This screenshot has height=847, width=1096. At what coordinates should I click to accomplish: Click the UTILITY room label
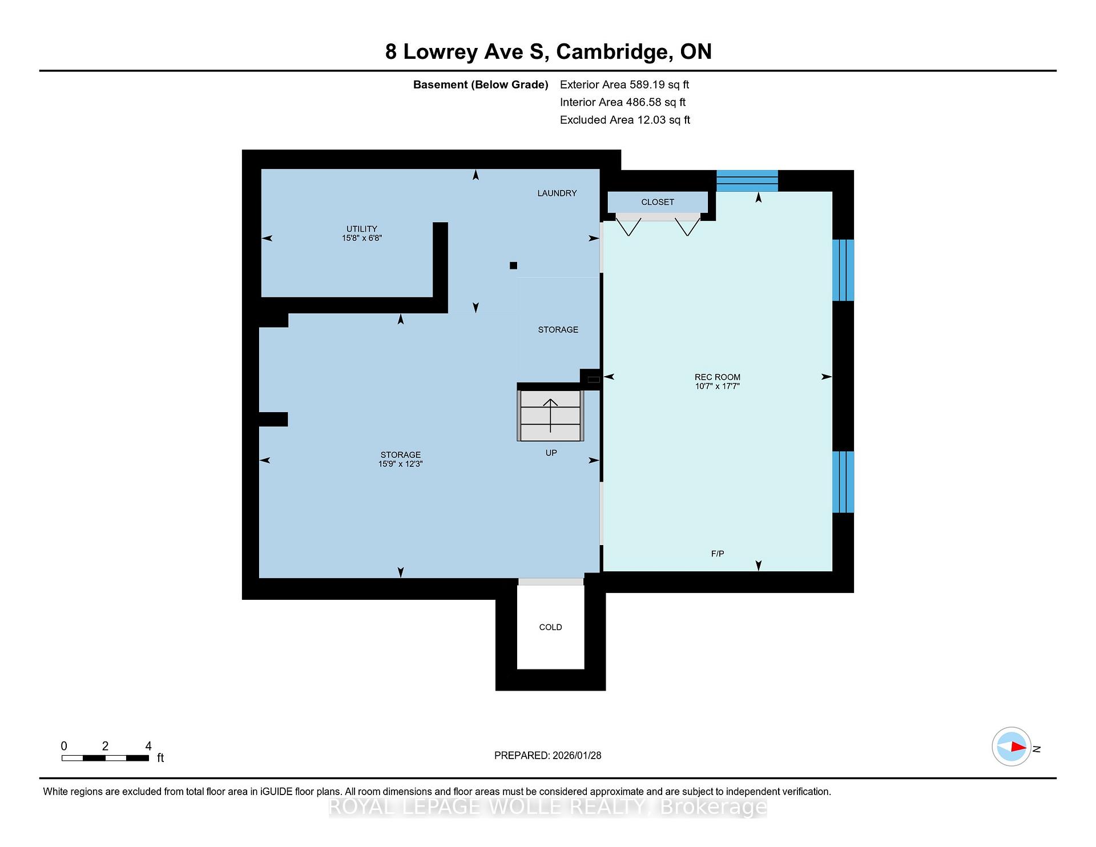362,229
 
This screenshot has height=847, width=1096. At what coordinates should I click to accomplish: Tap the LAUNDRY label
557,193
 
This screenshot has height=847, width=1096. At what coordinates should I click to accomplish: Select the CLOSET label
658,202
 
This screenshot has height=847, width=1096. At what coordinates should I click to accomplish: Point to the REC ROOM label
718,377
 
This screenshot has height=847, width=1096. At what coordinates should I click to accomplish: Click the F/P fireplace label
718,554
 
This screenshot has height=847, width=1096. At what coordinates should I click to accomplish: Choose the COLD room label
551,627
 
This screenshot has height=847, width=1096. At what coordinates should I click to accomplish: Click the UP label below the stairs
551,453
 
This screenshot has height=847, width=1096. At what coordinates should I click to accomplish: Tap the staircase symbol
551,416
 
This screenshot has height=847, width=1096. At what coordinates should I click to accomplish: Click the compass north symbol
1012,747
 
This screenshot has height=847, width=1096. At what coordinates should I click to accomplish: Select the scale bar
106,758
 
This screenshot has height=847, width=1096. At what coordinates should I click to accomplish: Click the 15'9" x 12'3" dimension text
400,464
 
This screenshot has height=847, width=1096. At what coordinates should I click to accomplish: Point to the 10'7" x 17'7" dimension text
718,386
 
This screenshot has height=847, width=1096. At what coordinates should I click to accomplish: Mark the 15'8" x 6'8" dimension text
362,238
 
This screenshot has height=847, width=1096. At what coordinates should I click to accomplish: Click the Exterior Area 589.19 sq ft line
624,84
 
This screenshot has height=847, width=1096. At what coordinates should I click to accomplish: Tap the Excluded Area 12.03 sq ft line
625,120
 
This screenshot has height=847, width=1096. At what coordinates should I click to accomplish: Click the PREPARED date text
548,755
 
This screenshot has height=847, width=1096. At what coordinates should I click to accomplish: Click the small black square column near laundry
513,265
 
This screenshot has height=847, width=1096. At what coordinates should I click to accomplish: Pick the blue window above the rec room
747,181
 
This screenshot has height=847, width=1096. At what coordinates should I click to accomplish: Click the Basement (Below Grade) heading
481,85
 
